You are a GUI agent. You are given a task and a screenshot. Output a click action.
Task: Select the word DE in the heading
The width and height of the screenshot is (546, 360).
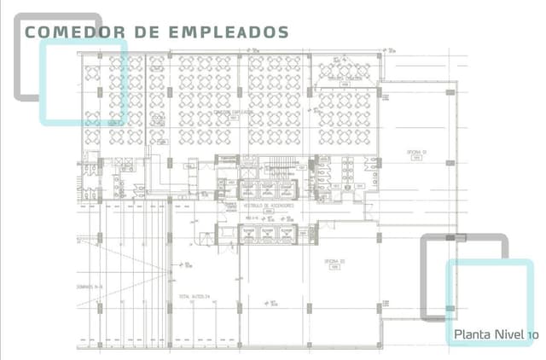[148, 32]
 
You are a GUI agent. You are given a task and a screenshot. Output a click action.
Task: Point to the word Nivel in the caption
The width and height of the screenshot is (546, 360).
[509, 334]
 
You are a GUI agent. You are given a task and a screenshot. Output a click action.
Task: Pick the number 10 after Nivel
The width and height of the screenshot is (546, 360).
[533, 334]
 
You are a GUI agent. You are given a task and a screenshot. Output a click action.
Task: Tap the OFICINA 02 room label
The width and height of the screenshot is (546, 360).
[334, 261]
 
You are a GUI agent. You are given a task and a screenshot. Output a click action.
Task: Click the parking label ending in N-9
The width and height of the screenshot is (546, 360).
[90, 287]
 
